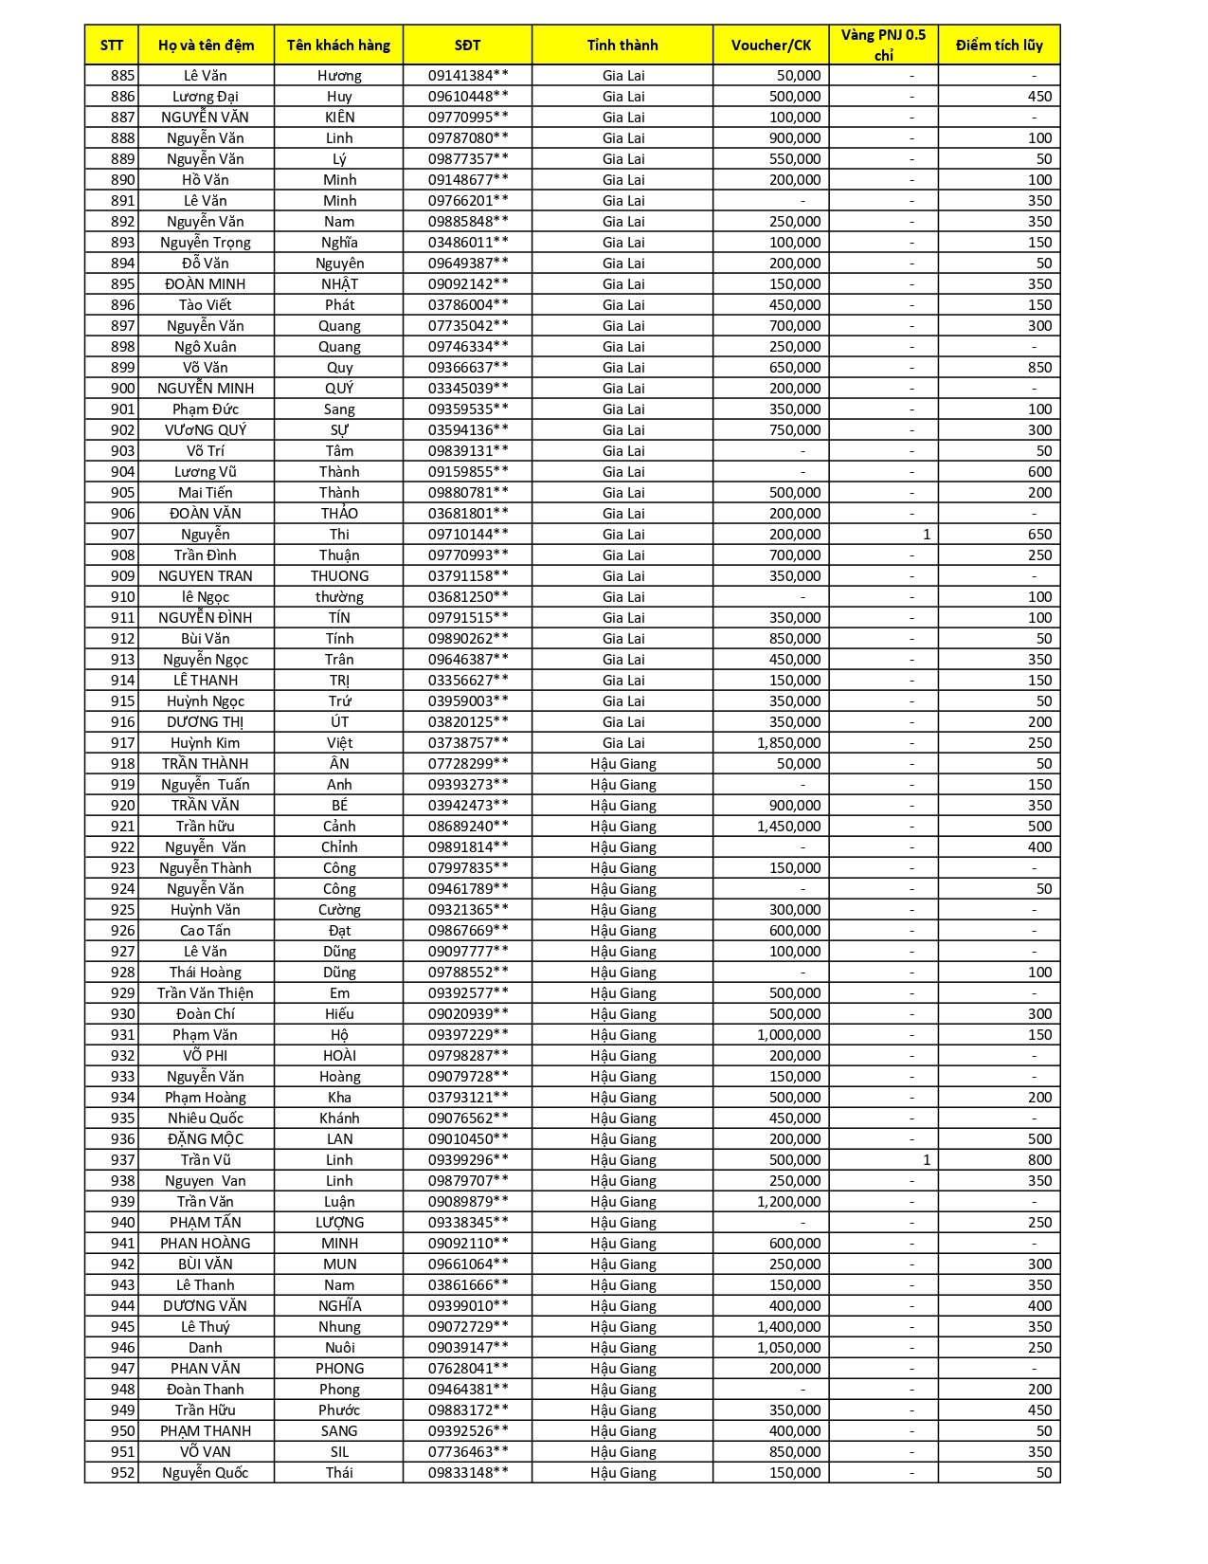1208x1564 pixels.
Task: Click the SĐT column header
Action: pos(467,45)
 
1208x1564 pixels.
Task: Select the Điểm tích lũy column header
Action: pos(999,45)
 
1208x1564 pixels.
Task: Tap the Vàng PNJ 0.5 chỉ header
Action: pos(883,45)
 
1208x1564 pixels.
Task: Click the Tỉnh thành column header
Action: pos(622,45)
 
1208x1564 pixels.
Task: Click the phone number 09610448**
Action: pos(468,96)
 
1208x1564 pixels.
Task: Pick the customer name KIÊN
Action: pos(339,117)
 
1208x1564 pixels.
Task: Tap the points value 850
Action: pos(1039,367)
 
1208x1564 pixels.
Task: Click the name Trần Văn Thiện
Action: pos(206,992)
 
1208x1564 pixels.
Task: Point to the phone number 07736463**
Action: pos(468,1451)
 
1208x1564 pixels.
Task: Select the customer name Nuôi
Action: pos(339,1347)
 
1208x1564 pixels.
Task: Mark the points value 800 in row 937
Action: pos(1039,1159)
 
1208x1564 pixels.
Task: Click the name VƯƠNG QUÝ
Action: pos(206,429)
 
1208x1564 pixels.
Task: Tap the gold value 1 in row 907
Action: pos(926,534)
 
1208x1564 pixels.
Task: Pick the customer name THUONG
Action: pos(339,575)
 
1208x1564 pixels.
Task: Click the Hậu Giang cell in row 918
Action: pos(622,763)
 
